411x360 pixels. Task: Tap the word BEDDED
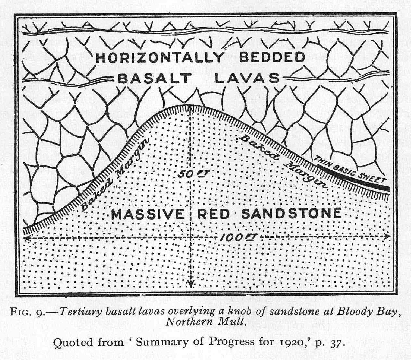coord(272,57)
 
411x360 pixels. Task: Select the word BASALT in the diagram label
coord(155,79)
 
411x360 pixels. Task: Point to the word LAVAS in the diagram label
coord(247,78)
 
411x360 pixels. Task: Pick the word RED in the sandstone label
coord(214,214)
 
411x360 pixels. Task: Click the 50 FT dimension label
coord(193,174)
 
